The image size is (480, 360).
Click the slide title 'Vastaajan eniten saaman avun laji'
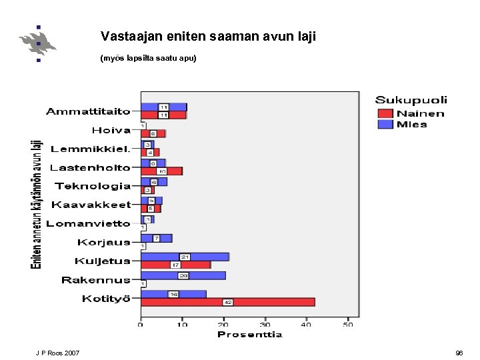point(208,37)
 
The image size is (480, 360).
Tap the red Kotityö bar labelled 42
point(227,302)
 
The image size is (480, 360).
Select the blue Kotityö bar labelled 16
point(173,294)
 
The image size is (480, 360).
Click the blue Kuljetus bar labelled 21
point(185,257)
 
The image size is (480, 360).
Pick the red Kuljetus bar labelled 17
point(175,265)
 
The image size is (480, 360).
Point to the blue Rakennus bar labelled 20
point(183,275)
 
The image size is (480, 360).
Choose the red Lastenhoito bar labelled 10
point(161,171)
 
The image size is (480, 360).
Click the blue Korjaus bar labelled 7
point(157,238)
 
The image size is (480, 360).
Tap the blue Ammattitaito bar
point(163,107)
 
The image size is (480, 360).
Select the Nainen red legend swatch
point(386,114)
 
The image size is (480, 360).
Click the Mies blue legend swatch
point(386,124)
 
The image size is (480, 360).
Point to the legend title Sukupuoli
point(411,101)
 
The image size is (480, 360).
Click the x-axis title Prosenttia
point(250,335)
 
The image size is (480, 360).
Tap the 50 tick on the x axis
point(348,325)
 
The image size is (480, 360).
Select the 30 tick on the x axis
point(265,325)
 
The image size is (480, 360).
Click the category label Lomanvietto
point(88,224)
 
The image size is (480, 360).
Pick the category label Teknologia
point(93,187)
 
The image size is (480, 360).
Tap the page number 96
point(459,353)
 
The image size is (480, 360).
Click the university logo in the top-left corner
point(38,43)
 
